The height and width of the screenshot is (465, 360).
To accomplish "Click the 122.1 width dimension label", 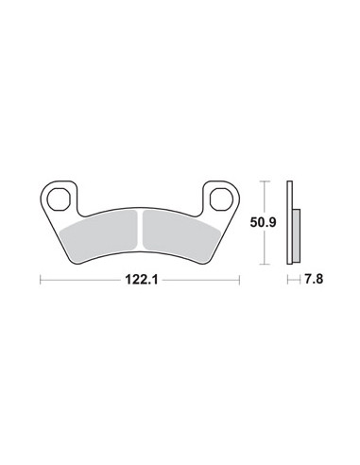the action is pyautogui.click(x=142, y=280).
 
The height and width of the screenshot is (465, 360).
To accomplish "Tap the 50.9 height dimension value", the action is pyautogui.click(x=263, y=223).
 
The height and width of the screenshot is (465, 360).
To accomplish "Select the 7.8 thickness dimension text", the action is pyautogui.click(x=314, y=279).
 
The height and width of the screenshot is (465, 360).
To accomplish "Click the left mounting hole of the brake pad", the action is pyautogui.click(x=59, y=199).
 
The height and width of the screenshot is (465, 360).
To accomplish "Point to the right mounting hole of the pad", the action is pyautogui.click(x=221, y=199).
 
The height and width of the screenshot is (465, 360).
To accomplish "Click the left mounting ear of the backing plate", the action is pyautogui.click(x=59, y=198).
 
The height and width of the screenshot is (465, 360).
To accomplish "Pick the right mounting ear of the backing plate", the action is pyautogui.click(x=221, y=198).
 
